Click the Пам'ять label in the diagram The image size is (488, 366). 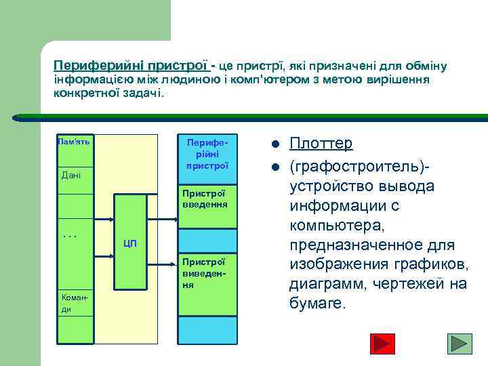(x=73, y=142)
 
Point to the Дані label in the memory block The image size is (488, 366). (x=71, y=176)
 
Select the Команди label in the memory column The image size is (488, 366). (x=71, y=303)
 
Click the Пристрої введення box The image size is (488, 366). (x=207, y=203)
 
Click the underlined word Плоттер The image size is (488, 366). (x=321, y=144)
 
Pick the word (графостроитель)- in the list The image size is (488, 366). (x=360, y=166)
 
